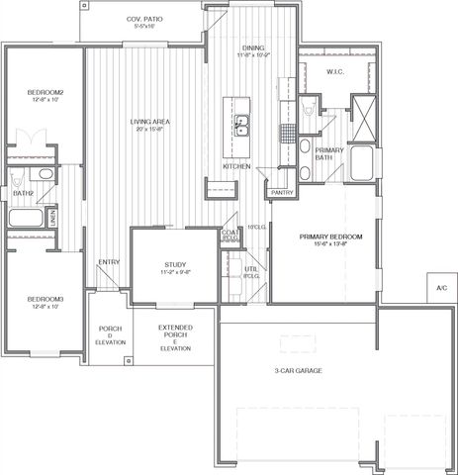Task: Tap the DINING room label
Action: [x=252, y=50]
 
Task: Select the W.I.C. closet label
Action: [x=335, y=72]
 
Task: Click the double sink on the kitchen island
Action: [x=241, y=127]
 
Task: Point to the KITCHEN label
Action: [x=235, y=165]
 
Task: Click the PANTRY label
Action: [x=281, y=192]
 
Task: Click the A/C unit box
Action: [x=440, y=288]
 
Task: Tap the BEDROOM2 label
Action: [x=45, y=96]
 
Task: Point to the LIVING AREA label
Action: [x=151, y=126]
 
